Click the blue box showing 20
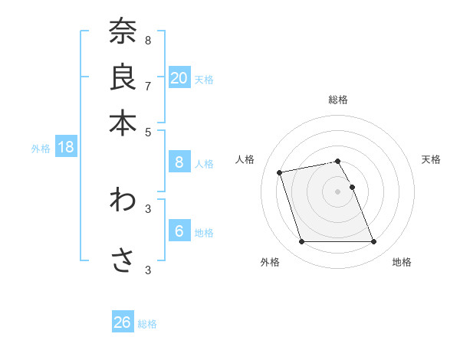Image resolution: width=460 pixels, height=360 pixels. (x=179, y=77)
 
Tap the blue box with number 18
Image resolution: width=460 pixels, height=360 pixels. (x=66, y=147)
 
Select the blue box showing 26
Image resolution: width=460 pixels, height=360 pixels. (x=123, y=322)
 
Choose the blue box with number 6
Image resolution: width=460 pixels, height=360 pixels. (x=179, y=231)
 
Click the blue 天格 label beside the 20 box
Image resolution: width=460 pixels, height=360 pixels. (x=204, y=79)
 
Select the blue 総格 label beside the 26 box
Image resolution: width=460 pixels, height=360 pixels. (x=147, y=324)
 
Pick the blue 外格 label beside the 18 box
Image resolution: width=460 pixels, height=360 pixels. (x=41, y=149)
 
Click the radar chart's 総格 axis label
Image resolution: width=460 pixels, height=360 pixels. (x=338, y=100)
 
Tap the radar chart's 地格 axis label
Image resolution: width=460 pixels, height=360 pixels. (x=402, y=262)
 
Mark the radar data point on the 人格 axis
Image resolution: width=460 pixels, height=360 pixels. (x=280, y=172)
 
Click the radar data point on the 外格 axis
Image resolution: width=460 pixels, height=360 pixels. (x=301, y=242)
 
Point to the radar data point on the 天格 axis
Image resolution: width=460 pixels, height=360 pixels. (x=352, y=187)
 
